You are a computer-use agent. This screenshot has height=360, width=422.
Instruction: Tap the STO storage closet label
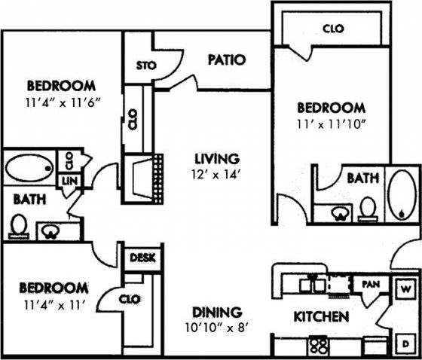145,65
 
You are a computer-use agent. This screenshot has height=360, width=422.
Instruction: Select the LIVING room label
216,159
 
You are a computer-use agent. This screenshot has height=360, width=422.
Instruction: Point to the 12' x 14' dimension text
217,175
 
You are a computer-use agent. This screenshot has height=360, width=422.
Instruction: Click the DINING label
216,311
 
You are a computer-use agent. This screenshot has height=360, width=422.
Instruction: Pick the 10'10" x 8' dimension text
216,327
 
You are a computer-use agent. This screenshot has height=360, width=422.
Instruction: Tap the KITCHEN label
320,317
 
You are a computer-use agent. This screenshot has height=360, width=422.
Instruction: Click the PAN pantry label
370,285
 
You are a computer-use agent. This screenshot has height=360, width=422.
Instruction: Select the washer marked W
404,288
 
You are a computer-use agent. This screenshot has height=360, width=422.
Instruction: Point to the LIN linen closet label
69,182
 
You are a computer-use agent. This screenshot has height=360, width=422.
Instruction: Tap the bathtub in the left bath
29,168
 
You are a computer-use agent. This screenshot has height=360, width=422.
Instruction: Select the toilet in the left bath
20,224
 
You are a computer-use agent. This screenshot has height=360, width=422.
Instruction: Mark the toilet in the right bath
368,207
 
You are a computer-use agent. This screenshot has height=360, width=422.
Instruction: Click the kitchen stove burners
319,347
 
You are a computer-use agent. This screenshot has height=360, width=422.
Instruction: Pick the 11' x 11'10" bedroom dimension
331,123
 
